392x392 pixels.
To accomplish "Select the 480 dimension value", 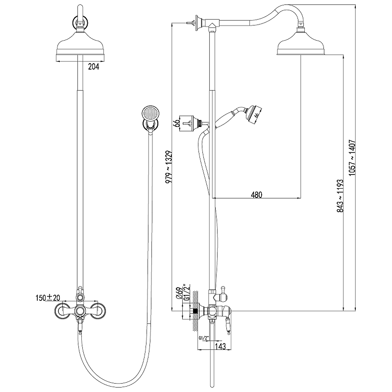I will click(x=257, y=195).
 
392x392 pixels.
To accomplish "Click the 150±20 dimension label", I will click(x=48, y=297).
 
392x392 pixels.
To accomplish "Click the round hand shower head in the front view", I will click(x=149, y=114).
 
